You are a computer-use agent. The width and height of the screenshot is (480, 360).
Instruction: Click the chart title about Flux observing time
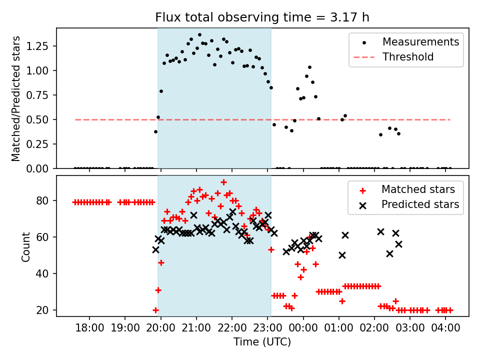pyautogui.click(x=262, y=17)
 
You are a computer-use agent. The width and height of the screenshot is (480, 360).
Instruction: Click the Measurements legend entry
pyautogui.click(x=420, y=42)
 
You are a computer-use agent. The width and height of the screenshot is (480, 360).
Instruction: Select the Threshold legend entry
pyautogui.click(x=408, y=57)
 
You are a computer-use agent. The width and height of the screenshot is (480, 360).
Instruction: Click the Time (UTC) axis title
pyautogui.click(x=262, y=342)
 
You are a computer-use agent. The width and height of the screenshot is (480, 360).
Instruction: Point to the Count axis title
pyautogui.click(x=26, y=246)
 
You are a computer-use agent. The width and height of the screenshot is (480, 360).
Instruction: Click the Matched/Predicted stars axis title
pyautogui.click(x=16, y=98)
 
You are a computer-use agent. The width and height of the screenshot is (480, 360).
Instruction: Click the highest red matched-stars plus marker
pyautogui.click(x=223, y=182)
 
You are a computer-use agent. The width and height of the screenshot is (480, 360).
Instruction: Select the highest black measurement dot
pyautogui.click(x=199, y=35)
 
